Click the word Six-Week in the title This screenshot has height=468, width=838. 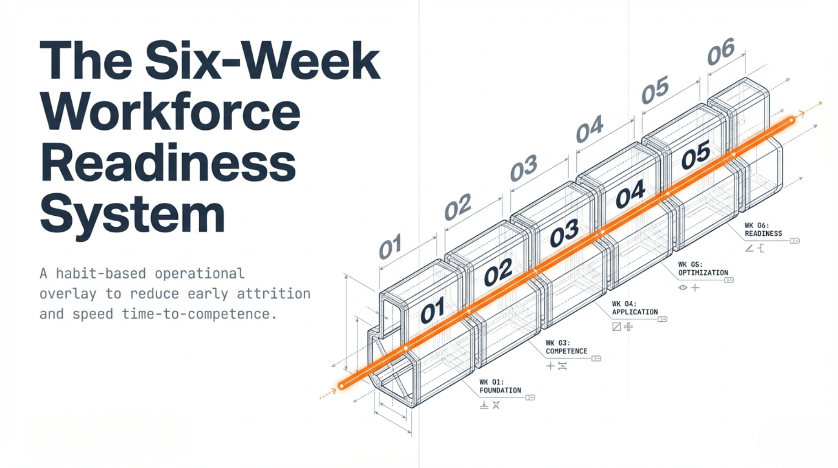pyautogui.click(x=262, y=61)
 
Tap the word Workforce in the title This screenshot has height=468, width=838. pyautogui.click(x=170, y=112)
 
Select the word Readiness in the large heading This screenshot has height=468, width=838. pyautogui.click(x=168, y=163)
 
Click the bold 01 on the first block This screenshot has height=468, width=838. pyautogui.click(x=432, y=310)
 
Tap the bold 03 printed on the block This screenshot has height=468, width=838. pyautogui.click(x=564, y=233)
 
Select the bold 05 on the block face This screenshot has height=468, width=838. pyautogui.click(x=695, y=155)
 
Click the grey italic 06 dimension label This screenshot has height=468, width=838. pyautogui.click(x=721, y=51)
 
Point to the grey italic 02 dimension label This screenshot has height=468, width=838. pyautogui.click(x=457, y=207)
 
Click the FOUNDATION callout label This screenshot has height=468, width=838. pyautogui.click(x=500, y=390)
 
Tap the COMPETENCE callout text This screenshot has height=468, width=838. pyautogui.click(x=566, y=351)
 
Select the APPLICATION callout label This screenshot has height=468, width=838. pyautogui.click(x=635, y=312)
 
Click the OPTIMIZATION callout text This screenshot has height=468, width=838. pyautogui.click(x=703, y=272)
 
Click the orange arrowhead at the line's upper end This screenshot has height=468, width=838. pyautogui.click(x=801, y=114)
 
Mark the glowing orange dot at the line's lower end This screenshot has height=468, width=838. pyautogui.click(x=341, y=386)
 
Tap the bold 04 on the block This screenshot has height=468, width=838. pyautogui.click(x=630, y=194)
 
